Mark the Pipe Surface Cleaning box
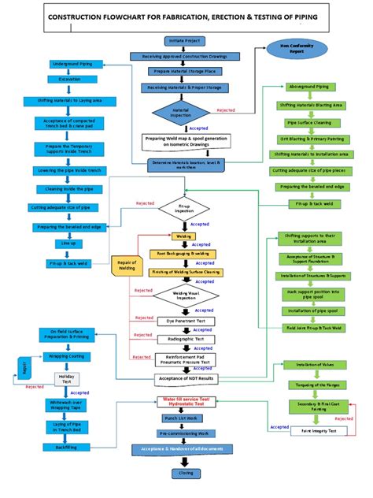(309, 123)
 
